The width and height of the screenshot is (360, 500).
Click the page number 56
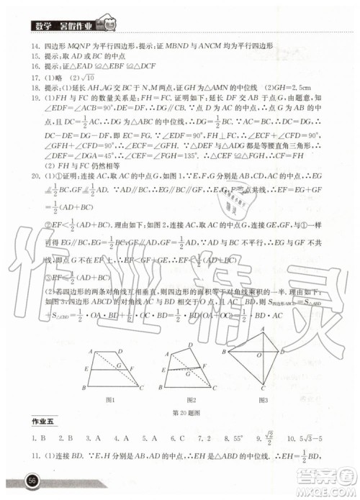click(x=32, y=481)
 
